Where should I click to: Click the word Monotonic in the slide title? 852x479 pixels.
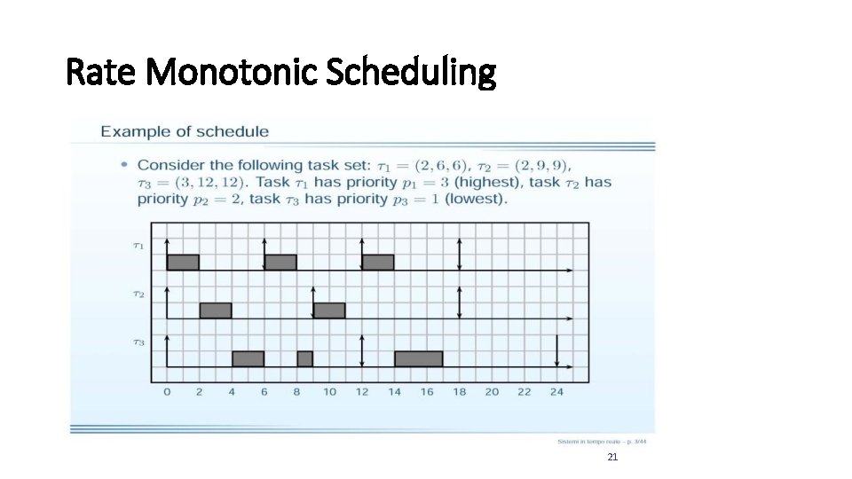(233, 73)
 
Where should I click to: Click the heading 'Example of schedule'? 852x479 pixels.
(185, 131)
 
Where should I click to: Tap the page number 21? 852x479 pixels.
(611, 457)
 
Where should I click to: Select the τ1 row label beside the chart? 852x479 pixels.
(138, 246)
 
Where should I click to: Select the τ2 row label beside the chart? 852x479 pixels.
(138, 294)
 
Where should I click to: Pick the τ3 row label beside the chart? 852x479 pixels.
(138, 342)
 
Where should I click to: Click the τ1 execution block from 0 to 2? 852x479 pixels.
(183, 262)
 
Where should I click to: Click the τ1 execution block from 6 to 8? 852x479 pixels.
(280, 262)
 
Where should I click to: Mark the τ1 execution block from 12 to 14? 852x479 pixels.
(378, 262)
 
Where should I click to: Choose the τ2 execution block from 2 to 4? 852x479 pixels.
(216, 310)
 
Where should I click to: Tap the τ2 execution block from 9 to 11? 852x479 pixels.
(329, 310)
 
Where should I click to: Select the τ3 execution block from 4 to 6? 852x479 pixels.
(248, 358)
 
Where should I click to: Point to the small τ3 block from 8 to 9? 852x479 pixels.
(304, 358)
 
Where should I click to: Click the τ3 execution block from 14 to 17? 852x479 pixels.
(418, 358)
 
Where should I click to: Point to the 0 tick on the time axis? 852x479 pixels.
(167, 391)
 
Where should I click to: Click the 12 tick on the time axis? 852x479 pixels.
(362, 391)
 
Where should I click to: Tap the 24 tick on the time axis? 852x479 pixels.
(556, 391)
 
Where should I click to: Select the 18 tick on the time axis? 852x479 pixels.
(459, 391)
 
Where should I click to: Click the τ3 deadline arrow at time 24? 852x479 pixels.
(556, 350)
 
